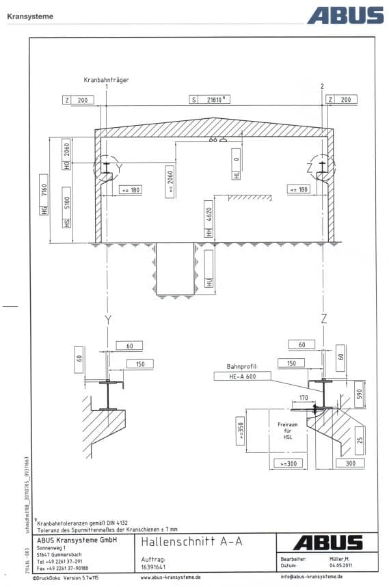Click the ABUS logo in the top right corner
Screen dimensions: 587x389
tap(345, 15)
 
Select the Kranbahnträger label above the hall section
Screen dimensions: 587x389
tap(106, 80)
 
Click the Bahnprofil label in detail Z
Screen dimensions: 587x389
tap(242, 366)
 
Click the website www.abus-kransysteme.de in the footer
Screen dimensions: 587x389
tap(170, 577)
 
